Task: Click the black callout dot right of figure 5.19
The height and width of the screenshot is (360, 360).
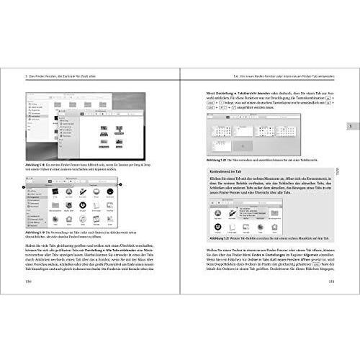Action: (x=120, y=186)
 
